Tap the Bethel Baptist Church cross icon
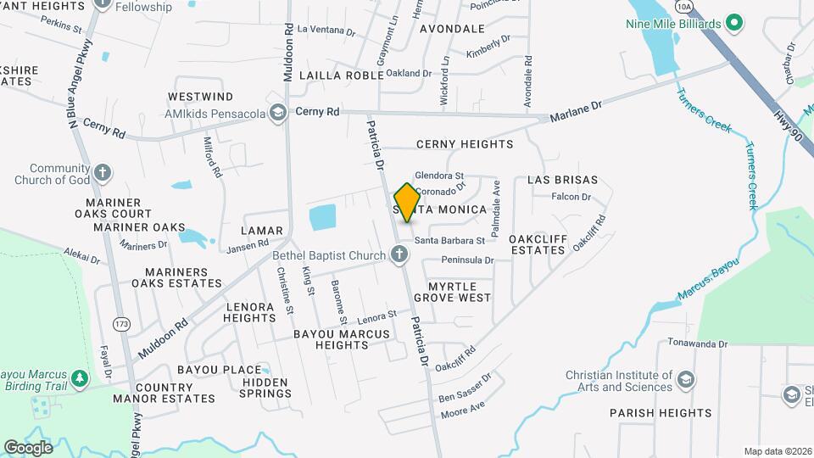pos(399,254)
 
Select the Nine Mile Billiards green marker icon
pos(735,23)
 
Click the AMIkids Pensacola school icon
pos(277,114)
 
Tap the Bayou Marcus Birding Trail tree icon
pos(80,377)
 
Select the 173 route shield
pos(122,323)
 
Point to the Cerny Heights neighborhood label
pos(465,144)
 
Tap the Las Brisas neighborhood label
pos(563,180)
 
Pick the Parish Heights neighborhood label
pos(661,413)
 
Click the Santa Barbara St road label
pos(449,240)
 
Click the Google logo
pos(28,447)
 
